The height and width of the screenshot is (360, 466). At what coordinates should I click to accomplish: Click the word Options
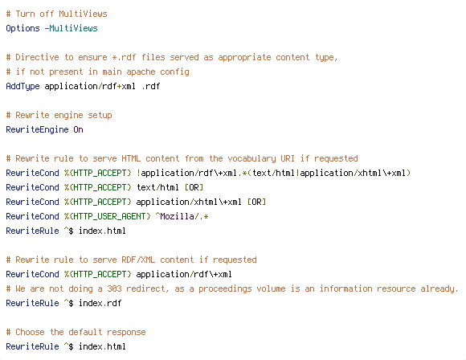[x=22, y=29]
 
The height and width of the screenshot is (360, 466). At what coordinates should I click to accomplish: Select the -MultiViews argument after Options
[x=71, y=28]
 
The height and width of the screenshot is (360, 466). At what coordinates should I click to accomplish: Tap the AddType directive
[x=22, y=87]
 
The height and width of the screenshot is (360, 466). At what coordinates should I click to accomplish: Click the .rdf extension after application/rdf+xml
[x=151, y=86]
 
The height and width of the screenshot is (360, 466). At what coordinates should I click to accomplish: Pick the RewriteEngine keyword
[x=37, y=130]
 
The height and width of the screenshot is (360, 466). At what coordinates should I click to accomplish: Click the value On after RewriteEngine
[x=78, y=129]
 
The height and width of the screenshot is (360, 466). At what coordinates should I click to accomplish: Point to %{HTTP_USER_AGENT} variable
[x=108, y=216]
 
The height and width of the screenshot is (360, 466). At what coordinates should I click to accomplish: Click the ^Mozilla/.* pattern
[x=182, y=216]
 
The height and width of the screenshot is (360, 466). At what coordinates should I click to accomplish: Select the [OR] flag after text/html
[x=194, y=187]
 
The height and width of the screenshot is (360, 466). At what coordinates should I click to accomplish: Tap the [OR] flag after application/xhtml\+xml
[x=256, y=202]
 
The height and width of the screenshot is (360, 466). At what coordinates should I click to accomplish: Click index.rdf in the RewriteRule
[x=100, y=303]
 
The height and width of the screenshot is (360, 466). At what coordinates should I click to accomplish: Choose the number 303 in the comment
[x=114, y=288]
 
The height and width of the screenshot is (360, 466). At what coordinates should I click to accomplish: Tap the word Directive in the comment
[x=37, y=57]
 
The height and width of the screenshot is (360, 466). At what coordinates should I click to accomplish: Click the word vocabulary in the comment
[x=251, y=159]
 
